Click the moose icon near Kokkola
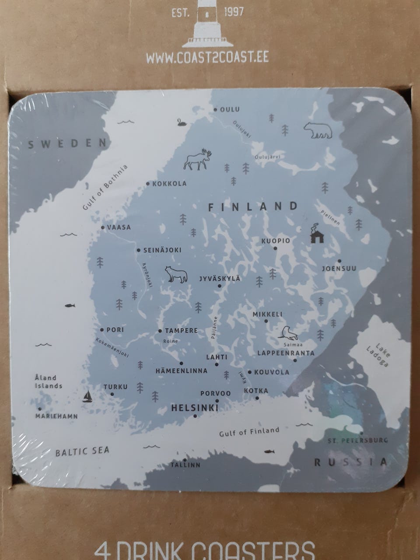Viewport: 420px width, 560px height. pos(197,160)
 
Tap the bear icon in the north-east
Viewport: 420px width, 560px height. pos(318,130)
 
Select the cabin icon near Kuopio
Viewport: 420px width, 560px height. pos(317,234)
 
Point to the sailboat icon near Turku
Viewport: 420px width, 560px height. pos(87,396)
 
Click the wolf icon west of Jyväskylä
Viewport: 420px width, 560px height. pos(176,275)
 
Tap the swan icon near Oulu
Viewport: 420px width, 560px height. pos(182,122)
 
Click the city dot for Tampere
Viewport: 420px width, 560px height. pos(160,331)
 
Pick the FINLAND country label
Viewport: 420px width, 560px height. pos(253,206)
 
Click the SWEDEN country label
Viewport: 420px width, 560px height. pos(68,143)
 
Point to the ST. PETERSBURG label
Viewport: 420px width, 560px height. pos(358,440)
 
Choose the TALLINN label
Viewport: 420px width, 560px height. pos(185,465)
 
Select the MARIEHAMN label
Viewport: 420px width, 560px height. pos(57,416)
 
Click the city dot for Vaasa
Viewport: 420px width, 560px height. pos(103,227)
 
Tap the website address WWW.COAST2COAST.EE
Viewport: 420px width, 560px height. pos(207,58)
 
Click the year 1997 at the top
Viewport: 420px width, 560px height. pos(234,12)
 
